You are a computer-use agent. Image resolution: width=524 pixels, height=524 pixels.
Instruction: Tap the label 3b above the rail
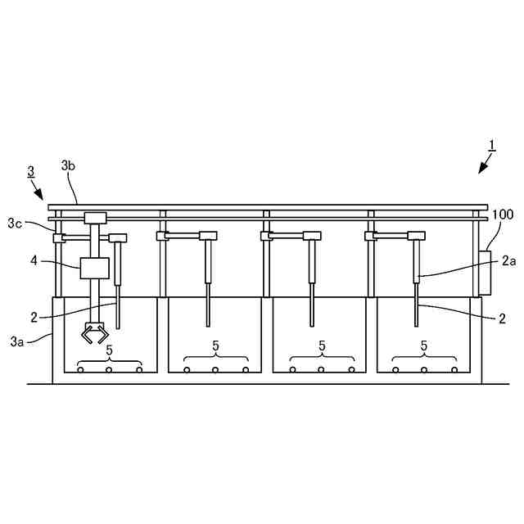click(x=69, y=166)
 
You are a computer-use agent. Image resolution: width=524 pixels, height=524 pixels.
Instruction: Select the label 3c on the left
click(x=15, y=223)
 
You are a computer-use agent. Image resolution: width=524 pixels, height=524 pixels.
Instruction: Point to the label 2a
click(x=509, y=261)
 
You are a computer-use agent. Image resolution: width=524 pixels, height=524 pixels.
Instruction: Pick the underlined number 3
click(x=30, y=172)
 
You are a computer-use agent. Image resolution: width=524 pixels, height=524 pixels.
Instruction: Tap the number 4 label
click(x=34, y=262)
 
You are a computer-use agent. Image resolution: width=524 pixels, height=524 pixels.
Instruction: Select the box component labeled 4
click(x=94, y=269)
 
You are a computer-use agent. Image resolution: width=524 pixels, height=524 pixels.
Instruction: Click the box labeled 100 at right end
click(x=483, y=273)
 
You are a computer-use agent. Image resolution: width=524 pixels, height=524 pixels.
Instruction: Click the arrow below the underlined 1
click(x=483, y=165)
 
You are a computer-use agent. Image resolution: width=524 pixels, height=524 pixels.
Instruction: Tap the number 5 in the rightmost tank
click(x=424, y=346)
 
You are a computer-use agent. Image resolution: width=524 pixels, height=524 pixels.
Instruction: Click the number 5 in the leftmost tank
click(x=109, y=350)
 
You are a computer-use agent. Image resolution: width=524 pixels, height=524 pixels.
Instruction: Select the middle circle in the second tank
click(x=215, y=370)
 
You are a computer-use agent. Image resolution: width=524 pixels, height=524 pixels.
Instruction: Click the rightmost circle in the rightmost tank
click(x=454, y=370)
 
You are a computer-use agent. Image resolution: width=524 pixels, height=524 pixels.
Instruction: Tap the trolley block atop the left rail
click(x=96, y=218)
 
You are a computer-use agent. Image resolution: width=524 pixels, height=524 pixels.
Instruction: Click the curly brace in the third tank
click(x=320, y=359)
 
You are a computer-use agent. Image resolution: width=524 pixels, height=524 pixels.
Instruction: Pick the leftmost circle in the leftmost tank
click(x=80, y=370)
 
